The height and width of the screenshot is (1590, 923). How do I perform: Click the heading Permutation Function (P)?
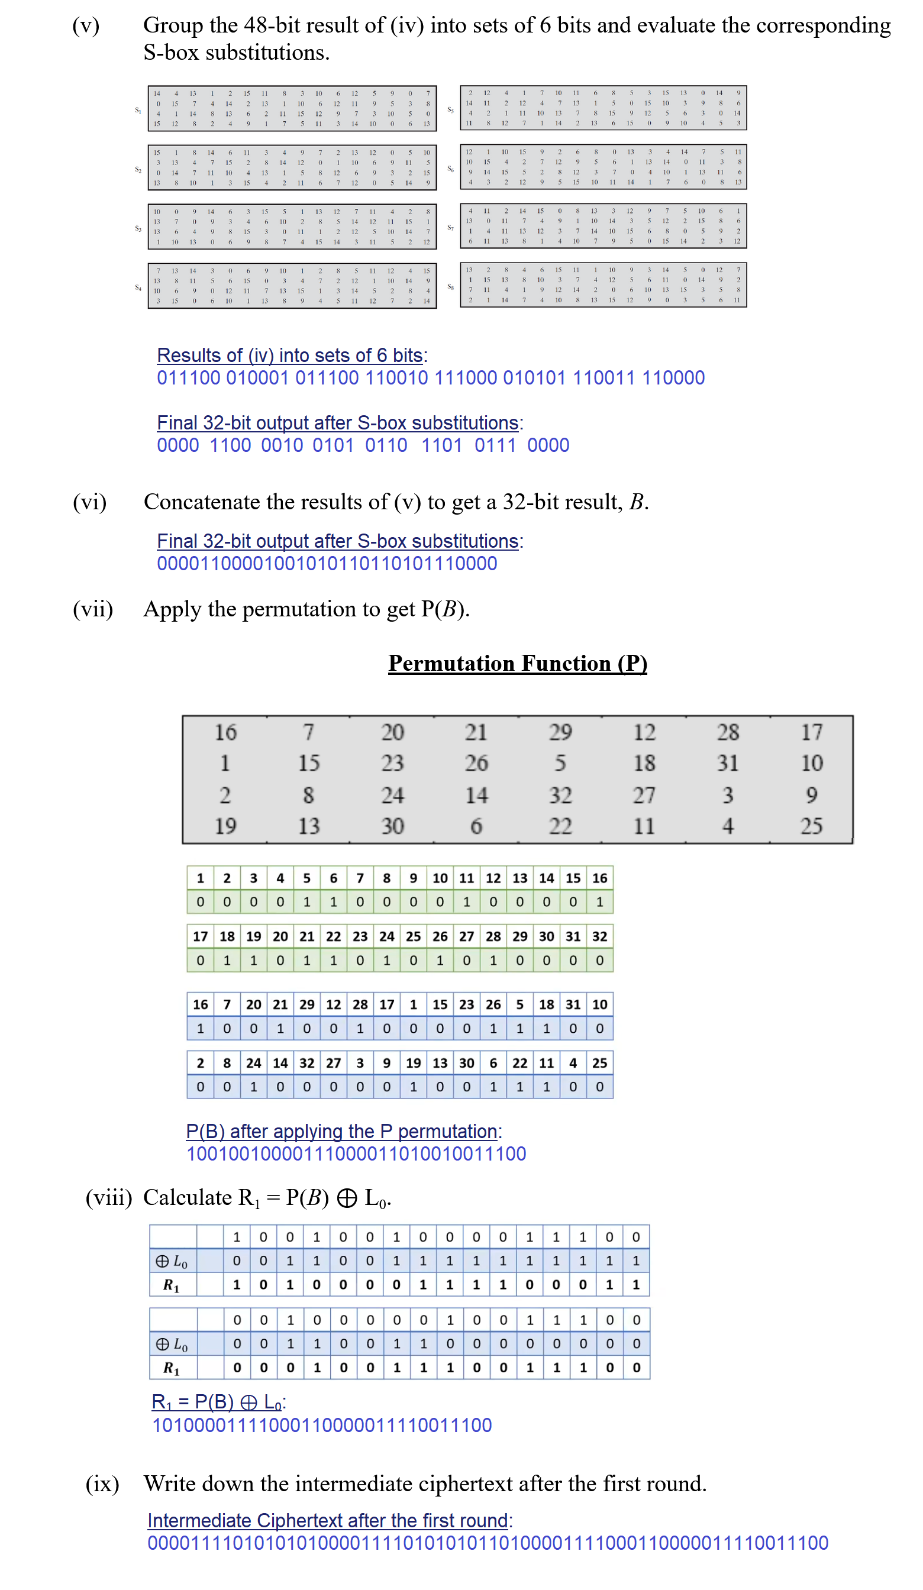tap(517, 663)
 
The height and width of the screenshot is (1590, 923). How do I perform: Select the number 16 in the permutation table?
tap(225, 732)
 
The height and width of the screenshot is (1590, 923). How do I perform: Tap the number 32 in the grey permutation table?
tap(560, 795)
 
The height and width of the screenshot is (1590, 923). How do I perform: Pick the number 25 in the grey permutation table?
tap(811, 826)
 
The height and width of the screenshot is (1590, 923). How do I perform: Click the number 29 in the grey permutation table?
tap(560, 732)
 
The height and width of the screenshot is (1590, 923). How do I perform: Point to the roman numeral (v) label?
tap(86, 26)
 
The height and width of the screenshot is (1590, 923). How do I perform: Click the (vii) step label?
tap(93, 609)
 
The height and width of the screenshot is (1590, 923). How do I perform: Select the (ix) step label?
tap(102, 1484)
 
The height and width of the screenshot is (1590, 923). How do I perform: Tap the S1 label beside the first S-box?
tap(138, 111)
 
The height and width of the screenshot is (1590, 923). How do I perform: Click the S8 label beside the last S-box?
tap(450, 287)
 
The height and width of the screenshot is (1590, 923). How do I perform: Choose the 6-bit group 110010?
tap(396, 377)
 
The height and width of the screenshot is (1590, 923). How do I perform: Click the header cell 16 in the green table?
tap(599, 878)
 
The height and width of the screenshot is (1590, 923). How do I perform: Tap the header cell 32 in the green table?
tap(599, 936)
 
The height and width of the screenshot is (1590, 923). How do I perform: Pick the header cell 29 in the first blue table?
tap(307, 1004)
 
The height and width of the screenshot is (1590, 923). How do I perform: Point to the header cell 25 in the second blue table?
tap(599, 1063)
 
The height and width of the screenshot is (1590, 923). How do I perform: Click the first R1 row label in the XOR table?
tap(172, 1285)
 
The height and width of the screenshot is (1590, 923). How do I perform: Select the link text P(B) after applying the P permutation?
tap(341, 1132)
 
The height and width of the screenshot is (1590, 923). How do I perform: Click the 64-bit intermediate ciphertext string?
tap(488, 1543)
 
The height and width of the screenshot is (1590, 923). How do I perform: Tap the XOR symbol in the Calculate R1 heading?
tap(347, 1198)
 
